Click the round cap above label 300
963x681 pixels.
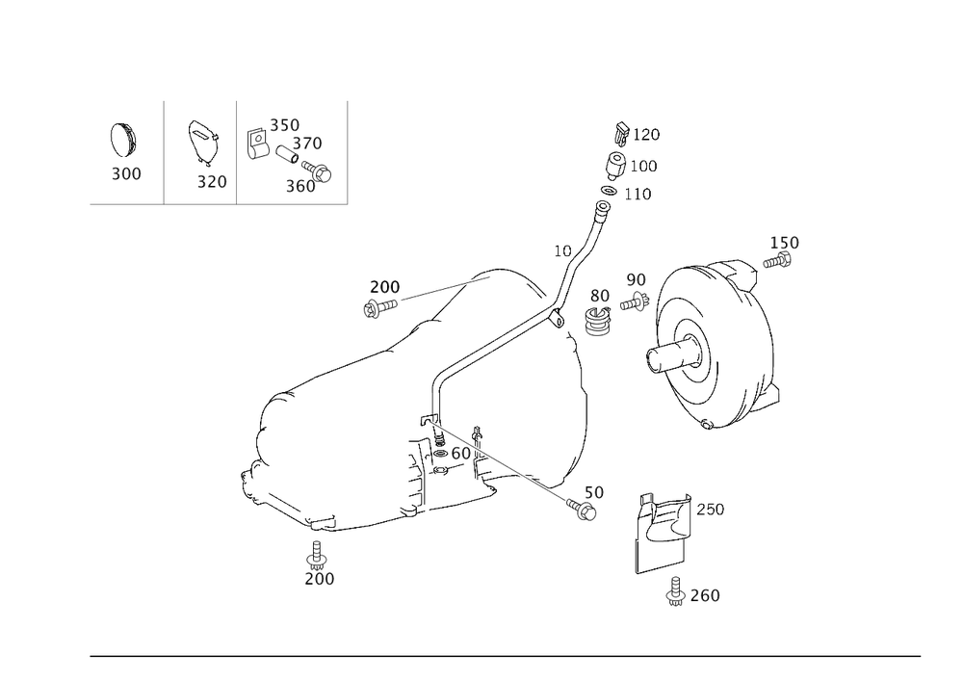(123, 140)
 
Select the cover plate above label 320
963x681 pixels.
(202, 143)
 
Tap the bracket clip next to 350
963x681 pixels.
(258, 144)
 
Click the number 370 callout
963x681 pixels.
(307, 144)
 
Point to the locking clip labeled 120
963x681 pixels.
(621, 134)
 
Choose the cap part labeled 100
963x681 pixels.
(614, 165)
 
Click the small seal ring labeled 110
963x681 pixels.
(608, 191)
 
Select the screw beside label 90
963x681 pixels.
(635, 302)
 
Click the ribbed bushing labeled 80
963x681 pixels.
(597, 321)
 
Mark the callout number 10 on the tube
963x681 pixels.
(562, 250)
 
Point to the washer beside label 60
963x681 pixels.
(440, 454)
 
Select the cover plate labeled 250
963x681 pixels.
(663, 532)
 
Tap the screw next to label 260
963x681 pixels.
(676, 591)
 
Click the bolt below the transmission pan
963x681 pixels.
(317, 555)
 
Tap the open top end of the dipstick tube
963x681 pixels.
(604, 206)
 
